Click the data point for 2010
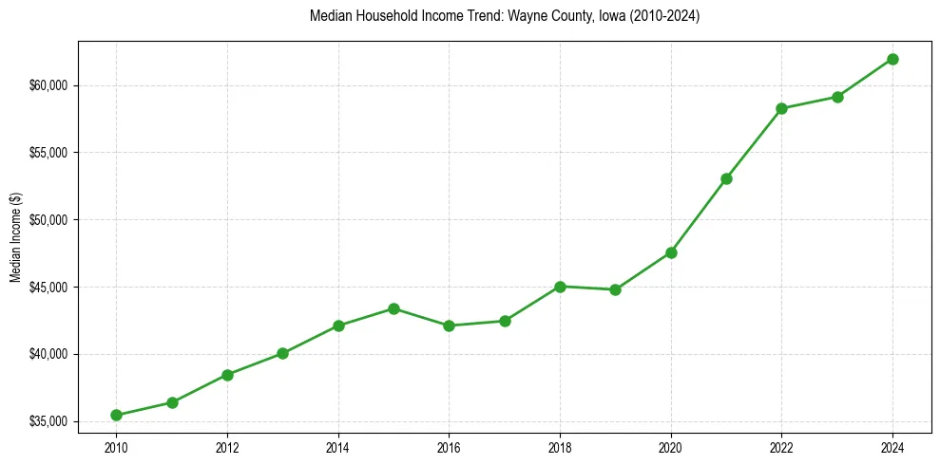coord(116,415)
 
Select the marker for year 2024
coord(892,59)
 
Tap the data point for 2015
coord(393,308)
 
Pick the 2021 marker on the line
coord(726,178)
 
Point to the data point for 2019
coord(615,289)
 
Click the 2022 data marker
coord(781,108)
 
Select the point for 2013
coord(282,353)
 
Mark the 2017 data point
coord(505,321)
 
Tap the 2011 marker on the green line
coord(172,402)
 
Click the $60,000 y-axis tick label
coord(49,85)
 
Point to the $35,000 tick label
coord(49,421)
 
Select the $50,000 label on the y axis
coord(49,220)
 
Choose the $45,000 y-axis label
coord(49,288)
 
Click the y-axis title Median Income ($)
coord(15,236)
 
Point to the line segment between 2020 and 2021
coord(699,215)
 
